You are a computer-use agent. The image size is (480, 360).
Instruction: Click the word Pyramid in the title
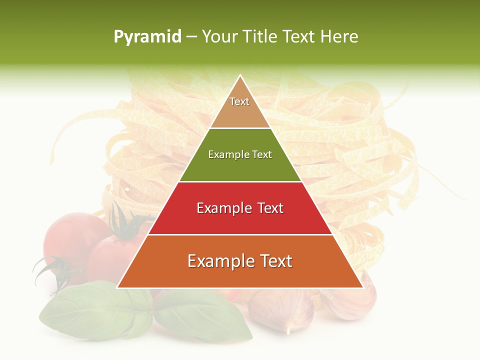147,37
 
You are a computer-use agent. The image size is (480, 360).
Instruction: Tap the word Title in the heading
260,36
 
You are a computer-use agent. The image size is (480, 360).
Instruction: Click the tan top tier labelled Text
239,108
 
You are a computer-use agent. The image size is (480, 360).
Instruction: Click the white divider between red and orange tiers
240,234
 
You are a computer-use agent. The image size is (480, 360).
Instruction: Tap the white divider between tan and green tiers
240,128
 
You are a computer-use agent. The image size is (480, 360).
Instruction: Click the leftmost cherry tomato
70,235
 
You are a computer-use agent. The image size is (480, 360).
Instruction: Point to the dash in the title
191,37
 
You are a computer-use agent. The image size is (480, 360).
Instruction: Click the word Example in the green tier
224,154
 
